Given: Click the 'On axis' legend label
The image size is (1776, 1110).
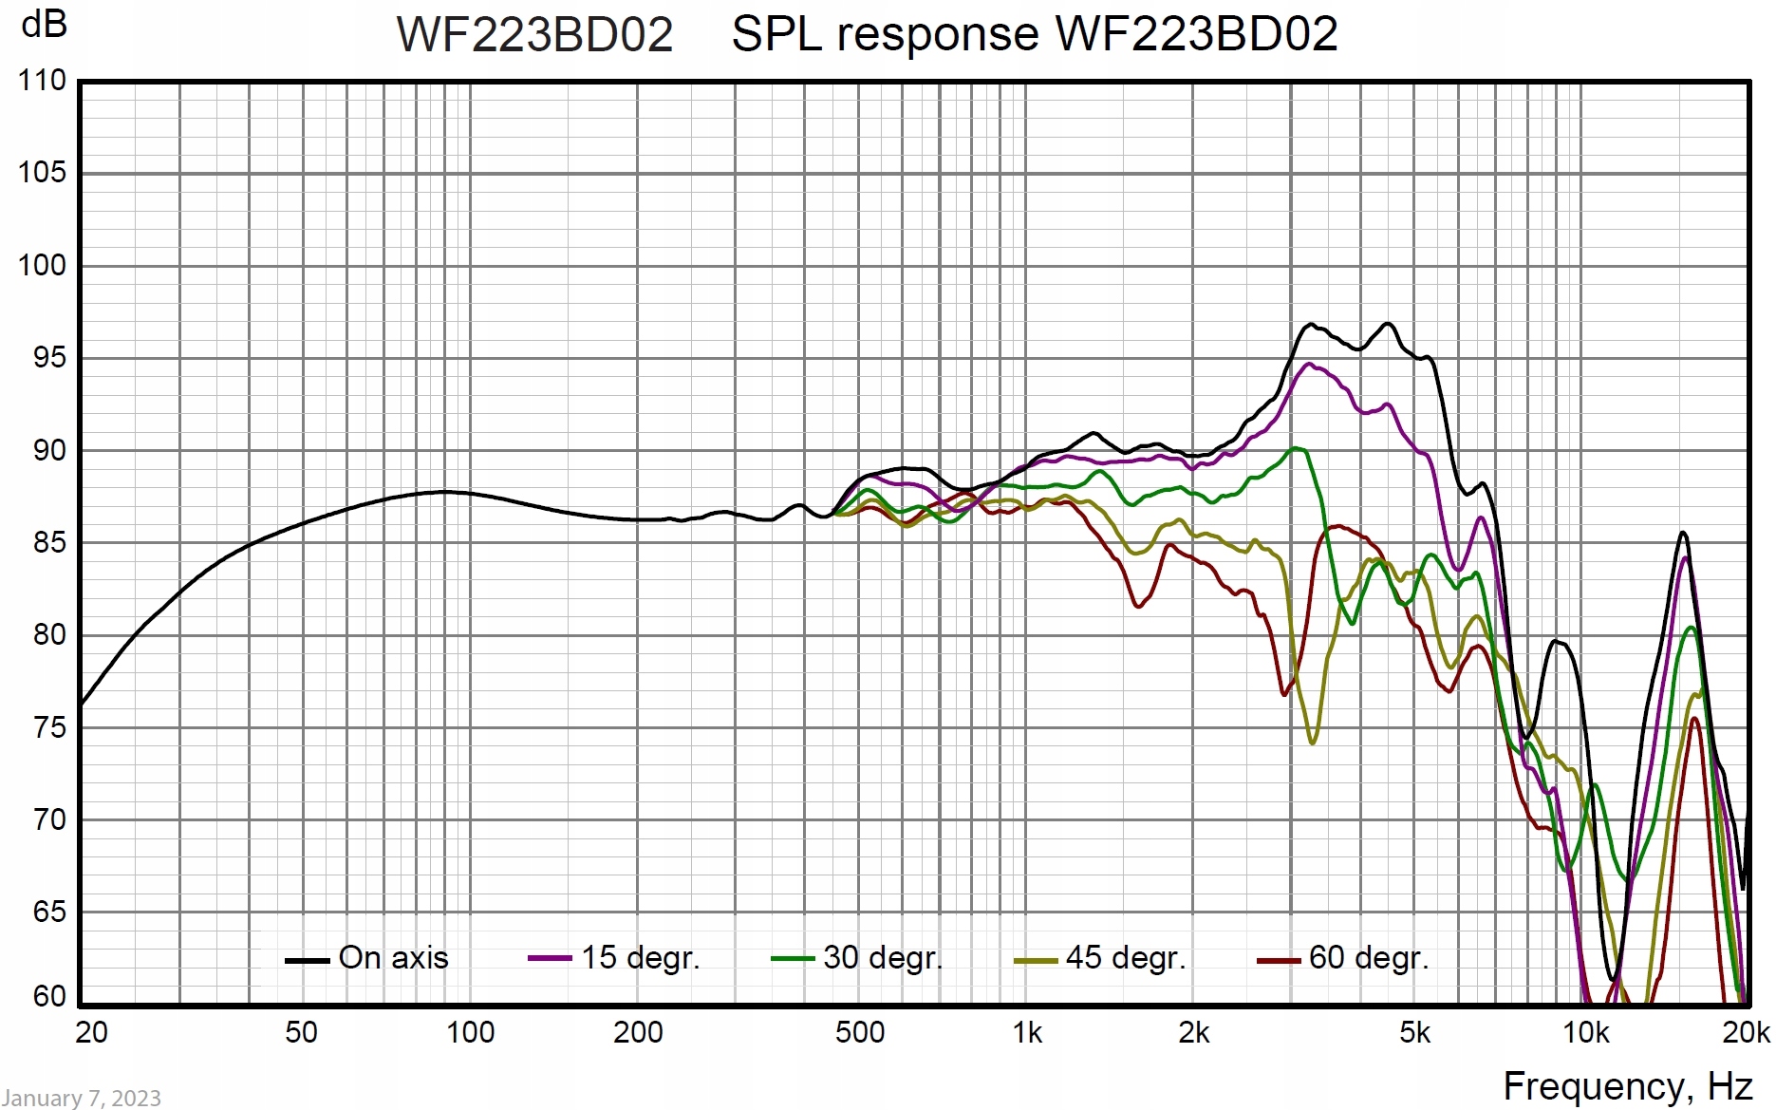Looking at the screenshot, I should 393,958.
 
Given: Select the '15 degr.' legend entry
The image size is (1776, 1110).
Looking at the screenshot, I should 640,958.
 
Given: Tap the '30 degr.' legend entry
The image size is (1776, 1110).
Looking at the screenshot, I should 883,958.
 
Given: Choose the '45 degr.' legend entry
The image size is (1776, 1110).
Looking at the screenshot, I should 1126,958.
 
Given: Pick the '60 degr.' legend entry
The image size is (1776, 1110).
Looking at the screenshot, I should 1369,958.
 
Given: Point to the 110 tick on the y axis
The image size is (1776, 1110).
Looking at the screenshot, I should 43,81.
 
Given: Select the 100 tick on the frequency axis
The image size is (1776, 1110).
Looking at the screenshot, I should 470,1033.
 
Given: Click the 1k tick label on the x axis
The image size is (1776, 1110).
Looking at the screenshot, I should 1027,1033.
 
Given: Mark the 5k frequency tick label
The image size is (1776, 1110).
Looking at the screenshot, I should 1414,1033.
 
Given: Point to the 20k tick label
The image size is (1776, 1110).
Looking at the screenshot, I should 1747,1033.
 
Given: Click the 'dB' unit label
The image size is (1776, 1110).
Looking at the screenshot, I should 44,24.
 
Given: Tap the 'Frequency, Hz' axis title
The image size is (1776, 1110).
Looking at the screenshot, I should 1627,1086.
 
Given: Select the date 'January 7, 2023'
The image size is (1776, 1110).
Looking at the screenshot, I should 82,1099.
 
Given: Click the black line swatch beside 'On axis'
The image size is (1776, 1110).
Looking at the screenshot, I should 307,961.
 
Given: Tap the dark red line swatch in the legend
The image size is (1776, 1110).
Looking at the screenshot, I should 1279,961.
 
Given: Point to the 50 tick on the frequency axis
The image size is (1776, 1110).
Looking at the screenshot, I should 301,1033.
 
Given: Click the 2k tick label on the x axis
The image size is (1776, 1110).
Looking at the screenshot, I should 1193,1033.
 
